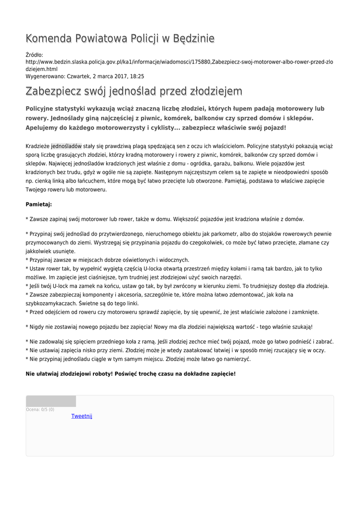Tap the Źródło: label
(x=34, y=55)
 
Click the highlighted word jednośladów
(x=66, y=146)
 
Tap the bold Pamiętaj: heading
(x=39, y=204)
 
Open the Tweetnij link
(x=82, y=416)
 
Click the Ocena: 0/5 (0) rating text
(x=40, y=409)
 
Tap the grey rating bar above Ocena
(x=51, y=401)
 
